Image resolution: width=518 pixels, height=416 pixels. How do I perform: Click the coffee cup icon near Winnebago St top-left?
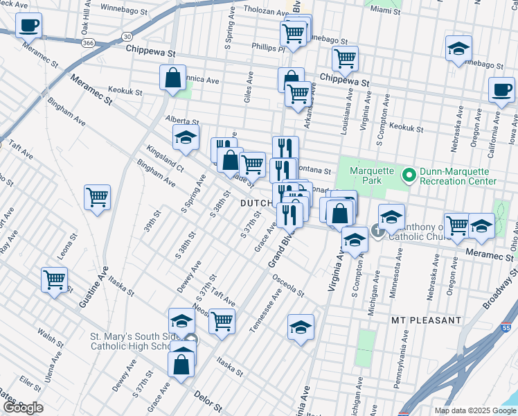click(x=29, y=26)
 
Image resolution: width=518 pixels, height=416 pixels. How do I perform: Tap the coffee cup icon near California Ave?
click(x=501, y=89)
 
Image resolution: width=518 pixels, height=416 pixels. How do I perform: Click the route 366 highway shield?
click(x=88, y=42)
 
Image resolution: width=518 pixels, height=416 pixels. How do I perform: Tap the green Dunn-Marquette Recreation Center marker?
click(x=409, y=175)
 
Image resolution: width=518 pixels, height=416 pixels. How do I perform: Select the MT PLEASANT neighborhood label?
click(x=426, y=320)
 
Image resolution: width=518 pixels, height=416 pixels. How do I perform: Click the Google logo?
click(x=23, y=408)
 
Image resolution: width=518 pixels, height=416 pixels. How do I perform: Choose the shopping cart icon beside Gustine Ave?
click(x=98, y=197)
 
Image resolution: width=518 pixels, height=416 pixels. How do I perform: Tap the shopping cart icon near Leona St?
click(x=54, y=280)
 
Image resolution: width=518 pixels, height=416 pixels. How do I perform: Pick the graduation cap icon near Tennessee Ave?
click(x=301, y=327)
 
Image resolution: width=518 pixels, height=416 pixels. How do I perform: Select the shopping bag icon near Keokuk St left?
click(x=172, y=78)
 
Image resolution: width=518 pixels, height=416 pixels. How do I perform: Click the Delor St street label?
click(x=207, y=404)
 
